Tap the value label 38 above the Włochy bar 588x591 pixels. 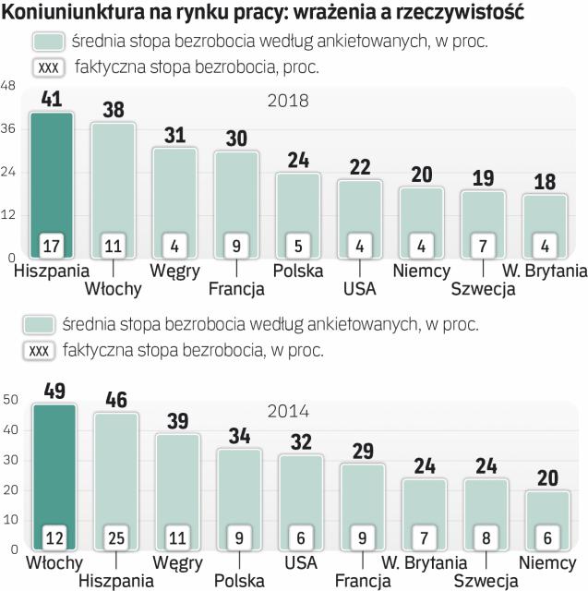(113, 109)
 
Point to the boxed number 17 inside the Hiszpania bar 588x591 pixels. (52, 246)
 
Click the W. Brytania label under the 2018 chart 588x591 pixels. (544, 271)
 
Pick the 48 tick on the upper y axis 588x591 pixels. (8, 86)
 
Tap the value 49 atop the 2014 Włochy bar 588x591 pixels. (52, 391)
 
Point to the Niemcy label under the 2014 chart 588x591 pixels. (546, 562)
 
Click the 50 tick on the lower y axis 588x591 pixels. (10, 400)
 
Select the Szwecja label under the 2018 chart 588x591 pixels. (482, 289)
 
